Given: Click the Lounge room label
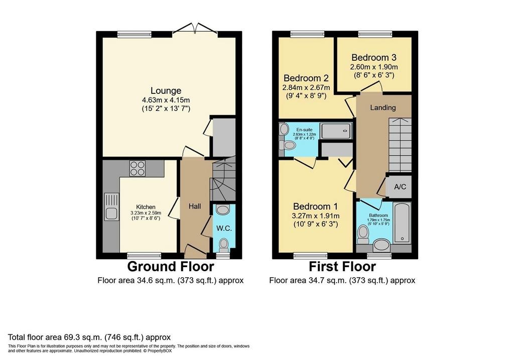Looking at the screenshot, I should (x=166, y=91).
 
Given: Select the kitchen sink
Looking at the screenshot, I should (x=111, y=207).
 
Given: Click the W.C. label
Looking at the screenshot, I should (x=223, y=228).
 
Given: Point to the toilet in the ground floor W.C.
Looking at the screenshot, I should (x=224, y=244).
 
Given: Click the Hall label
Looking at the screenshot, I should (x=195, y=206).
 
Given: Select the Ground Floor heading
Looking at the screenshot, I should (x=171, y=266).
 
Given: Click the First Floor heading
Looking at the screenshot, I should (x=342, y=266).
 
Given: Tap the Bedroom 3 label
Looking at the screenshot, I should (x=374, y=57).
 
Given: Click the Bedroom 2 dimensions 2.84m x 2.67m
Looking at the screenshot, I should (x=306, y=87).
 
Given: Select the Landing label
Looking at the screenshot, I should (x=383, y=107).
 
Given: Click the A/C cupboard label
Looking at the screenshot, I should (x=400, y=187).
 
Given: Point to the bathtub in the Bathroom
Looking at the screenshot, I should (x=403, y=222).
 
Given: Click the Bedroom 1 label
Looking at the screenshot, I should (x=315, y=206).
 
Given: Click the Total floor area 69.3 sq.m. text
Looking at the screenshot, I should (x=89, y=337).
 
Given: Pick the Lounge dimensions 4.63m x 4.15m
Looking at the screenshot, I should (x=166, y=100).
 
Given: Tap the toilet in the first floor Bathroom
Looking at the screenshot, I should (x=362, y=233).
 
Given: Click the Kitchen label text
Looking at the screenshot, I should (x=146, y=207).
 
